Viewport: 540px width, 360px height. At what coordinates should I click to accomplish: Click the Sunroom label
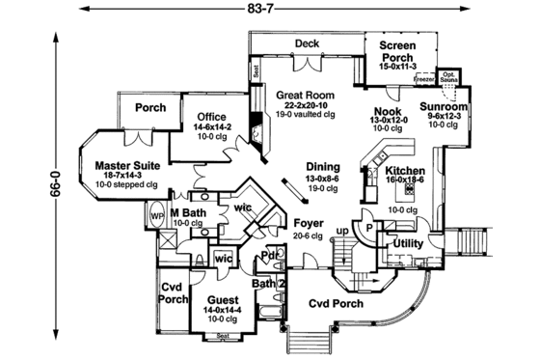(444, 107)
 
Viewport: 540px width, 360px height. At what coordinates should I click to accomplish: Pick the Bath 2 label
(265, 284)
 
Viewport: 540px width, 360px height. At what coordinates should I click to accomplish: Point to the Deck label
(307, 43)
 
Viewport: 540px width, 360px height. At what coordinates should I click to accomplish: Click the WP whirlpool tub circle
(157, 216)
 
